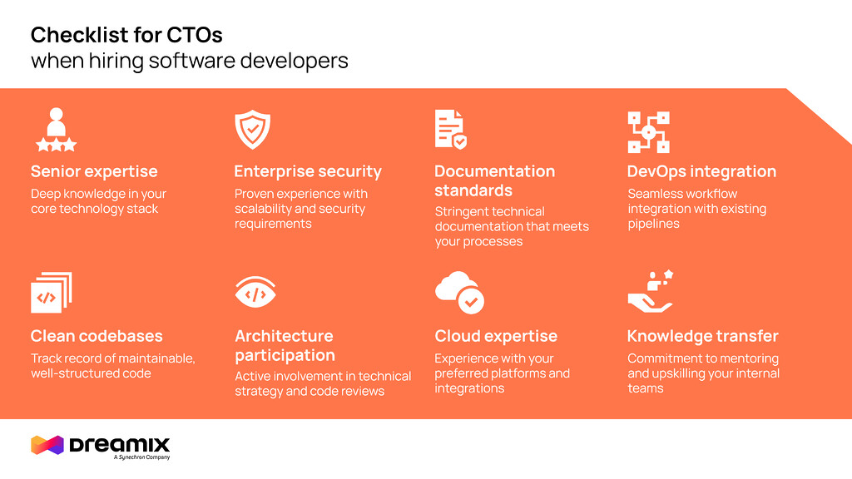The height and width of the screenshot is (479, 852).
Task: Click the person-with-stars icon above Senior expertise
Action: pyautogui.click(x=56, y=130)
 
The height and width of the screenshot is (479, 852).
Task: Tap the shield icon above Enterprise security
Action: pyautogui.click(x=253, y=130)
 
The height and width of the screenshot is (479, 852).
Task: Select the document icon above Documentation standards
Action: pyautogui.click(x=450, y=129)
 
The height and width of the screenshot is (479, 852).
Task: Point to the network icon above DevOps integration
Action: pyautogui.click(x=649, y=132)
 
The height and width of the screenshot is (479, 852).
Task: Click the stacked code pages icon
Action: pyautogui.click(x=52, y=293)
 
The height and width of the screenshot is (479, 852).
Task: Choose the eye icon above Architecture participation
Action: pyautogui.click(x=255, y=292)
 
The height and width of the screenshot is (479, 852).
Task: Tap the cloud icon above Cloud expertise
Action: pyautogui.click(x=459, y=292)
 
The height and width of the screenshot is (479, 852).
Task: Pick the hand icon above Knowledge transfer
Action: pyautogui.click(x=651, y=292)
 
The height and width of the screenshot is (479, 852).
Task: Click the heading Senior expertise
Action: pyautogui.click(x=94, y=171)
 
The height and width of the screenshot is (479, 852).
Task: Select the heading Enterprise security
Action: pyautogui.click(x=308, y=171)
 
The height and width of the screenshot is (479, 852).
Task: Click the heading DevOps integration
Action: pyautogui.click(x=701, y=171)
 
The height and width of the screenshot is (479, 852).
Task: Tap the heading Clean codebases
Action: pyautogui.click(x=97, y=336)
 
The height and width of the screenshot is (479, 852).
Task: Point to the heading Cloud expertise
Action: pyautogui.click(x=496, y=336)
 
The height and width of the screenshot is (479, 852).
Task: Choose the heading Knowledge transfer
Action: pyautogui.click(x=702, y=336)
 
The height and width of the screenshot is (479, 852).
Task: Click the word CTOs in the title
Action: pyautogui.click(x=195, y=35)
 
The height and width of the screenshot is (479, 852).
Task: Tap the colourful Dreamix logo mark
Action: pyautogui.click(x=47, y=445)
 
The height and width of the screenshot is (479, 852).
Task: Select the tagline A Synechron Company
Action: pyautogui.click(x=141, y=457)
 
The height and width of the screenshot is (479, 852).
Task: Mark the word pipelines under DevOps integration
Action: pyautogui.click(x=654, y=225)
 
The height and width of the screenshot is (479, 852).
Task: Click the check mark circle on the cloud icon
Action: pyautogui.click(x=471, y=301)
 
